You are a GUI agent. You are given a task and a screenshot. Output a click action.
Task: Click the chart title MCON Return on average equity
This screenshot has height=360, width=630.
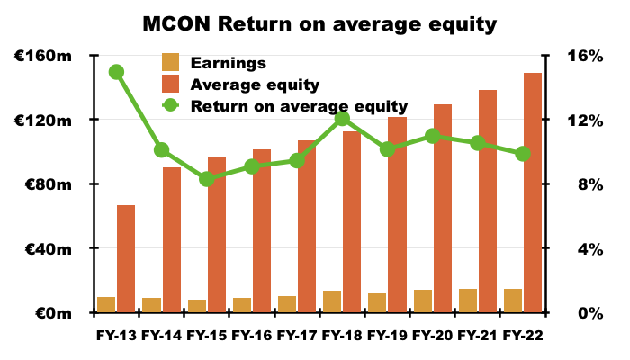click(x=319, y=24)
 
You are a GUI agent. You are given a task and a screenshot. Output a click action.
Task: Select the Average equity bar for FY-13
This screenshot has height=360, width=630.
click(x=126, y=259)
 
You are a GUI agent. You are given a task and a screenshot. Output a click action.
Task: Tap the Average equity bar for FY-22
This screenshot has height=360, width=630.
click(x=533, y=193)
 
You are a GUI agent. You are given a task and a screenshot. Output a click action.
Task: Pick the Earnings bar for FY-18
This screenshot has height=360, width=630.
click(x=332, y=301)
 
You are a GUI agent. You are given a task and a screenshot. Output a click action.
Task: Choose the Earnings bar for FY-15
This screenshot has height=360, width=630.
click(x=197, y=306)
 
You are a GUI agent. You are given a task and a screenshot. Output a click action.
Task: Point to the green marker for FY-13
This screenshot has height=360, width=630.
click(x=116, y=72)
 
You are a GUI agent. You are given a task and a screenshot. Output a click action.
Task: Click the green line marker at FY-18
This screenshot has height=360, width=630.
click(x=342, y=119)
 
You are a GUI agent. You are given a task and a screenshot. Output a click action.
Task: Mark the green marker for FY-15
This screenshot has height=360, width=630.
click(x=207, y=179)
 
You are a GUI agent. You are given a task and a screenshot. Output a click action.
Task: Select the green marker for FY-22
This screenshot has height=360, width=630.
click(x=523, y=154)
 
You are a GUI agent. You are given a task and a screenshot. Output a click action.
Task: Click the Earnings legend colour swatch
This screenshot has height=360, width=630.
click(x=170, y=62)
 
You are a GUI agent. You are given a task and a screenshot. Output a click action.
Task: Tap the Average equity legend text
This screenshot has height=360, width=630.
click(x=255, y=85)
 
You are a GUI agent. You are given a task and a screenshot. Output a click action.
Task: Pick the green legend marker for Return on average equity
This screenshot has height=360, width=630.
click(x=170, y=105)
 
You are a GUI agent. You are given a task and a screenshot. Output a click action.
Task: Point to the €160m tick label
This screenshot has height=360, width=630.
click(x=43, y=56)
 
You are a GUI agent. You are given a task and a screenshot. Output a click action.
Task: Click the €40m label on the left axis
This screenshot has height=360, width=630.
click(x=49, y=249)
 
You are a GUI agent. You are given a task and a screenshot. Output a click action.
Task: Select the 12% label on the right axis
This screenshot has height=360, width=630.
click(x=585, y=121)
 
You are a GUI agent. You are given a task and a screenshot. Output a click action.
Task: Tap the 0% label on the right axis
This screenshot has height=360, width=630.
click(x=590, y=313)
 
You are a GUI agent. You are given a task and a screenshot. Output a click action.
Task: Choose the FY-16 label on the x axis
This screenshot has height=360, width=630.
click(x=252, y=335)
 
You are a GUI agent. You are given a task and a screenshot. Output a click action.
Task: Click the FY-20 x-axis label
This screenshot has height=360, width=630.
click(x=433, y=335)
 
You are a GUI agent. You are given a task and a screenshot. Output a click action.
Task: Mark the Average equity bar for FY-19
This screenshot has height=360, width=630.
click(x=398, y=214)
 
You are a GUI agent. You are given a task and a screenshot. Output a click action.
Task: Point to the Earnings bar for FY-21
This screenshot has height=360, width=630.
click(x=468, y=301)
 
